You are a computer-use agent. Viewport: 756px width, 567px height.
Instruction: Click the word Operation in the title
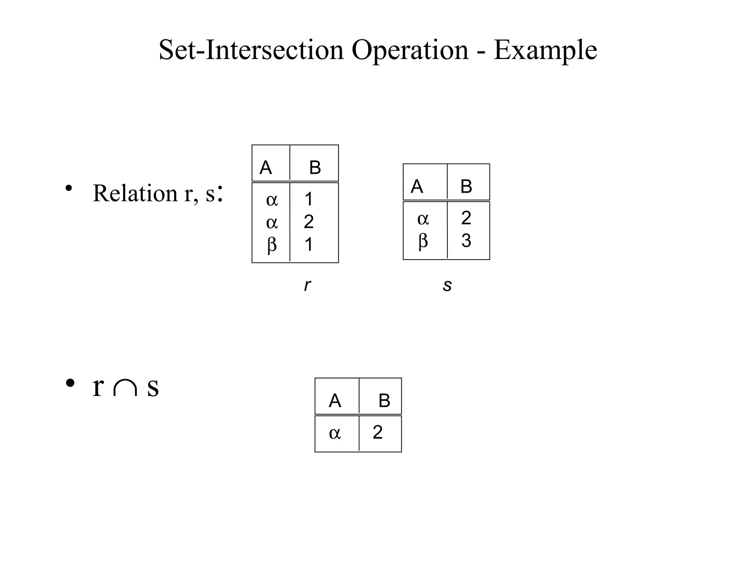pos(410,50)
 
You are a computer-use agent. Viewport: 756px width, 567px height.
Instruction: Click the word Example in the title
pos(545,50)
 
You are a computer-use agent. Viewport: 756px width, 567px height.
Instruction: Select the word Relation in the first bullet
pos(135,193)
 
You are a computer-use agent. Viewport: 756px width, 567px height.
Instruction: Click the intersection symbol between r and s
pos(126,388)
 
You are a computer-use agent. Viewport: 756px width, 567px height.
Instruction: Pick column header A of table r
pos(266,168)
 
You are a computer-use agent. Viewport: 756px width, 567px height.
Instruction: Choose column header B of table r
pos(315,168)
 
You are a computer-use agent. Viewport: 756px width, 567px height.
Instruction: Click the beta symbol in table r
pos(272,244)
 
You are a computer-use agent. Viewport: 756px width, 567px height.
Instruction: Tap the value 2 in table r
pos(309,222)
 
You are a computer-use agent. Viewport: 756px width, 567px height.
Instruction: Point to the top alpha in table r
pos(272,200)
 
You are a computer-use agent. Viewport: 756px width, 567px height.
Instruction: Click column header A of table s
pos(417,186)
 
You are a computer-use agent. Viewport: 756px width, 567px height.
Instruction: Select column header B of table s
pos(466,186)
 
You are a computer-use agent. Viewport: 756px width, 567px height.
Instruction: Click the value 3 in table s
pos(466,241)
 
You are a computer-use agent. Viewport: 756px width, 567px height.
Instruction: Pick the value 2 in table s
pos(466,218)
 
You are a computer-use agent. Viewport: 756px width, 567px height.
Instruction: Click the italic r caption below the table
pos(307,285)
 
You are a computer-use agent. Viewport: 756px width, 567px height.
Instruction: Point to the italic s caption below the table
pos(447,285)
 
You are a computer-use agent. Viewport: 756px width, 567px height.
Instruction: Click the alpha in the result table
pos(335,433)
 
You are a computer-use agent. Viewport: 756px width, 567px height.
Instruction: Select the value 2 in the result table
pos(378,432)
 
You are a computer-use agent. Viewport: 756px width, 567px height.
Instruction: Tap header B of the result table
pos(384,401)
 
